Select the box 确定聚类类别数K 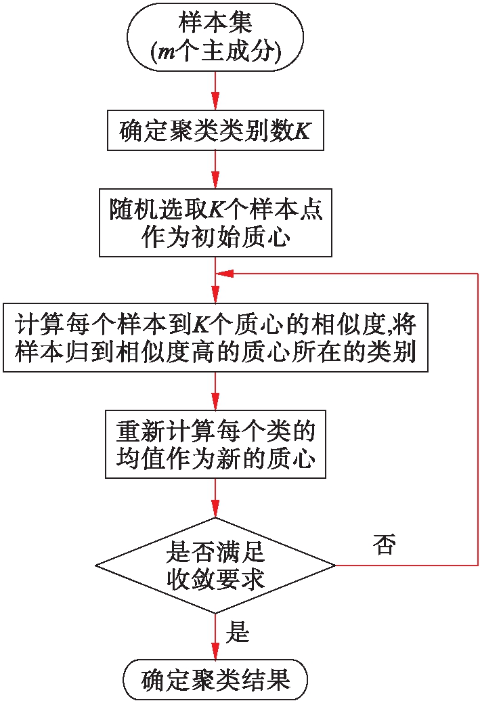(x=215, y=131)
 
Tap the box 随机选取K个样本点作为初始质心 (x=215, y=223)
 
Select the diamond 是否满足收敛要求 (x=215, y=565)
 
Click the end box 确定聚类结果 (x=215, y=679)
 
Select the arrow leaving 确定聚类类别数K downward (x=215, y=169)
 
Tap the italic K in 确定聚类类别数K (x=302, y=131)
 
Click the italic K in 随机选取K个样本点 (x=215, y=211)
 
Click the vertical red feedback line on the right (x=478, y=420)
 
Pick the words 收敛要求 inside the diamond (x=215, y=580)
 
